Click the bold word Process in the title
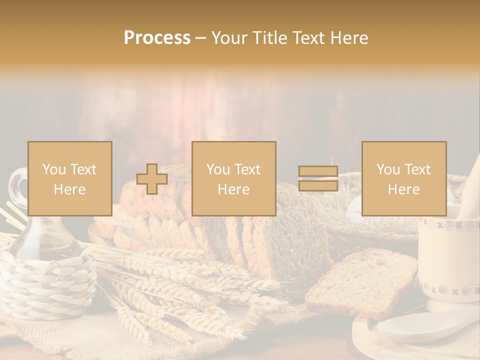157,38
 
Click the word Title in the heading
271,38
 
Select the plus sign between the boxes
152,179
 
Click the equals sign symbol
318,178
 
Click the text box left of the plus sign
69,178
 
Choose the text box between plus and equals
233,178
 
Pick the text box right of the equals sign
403,178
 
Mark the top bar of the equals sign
318,171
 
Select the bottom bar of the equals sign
318,185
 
